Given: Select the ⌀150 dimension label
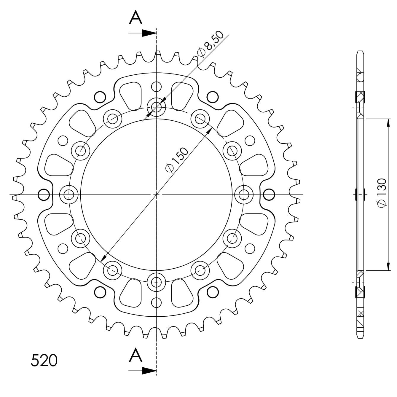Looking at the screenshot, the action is click(x=177, y=160).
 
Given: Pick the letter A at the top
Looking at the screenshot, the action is click(x=135, y=17).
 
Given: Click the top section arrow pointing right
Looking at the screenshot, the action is click(x=142, y=33).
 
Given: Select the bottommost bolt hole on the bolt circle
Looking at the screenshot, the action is click(x=156, y=282).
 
